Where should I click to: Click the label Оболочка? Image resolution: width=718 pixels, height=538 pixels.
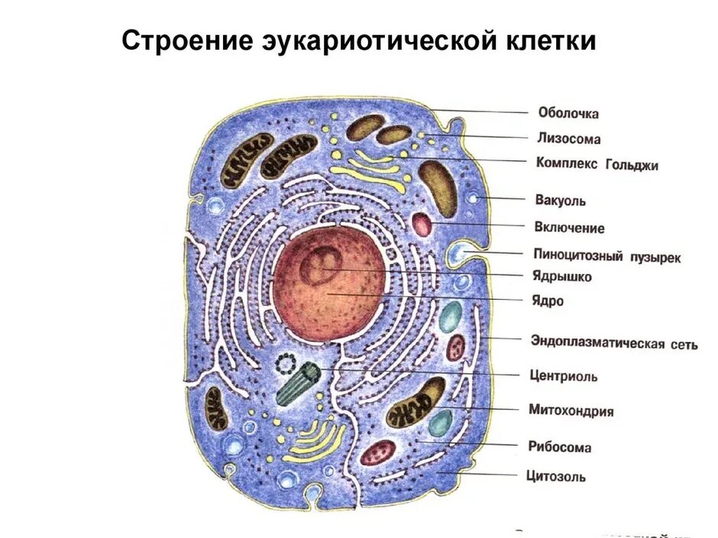[x=568, y=113]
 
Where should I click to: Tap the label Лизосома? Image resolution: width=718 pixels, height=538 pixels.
[x=568, y=139]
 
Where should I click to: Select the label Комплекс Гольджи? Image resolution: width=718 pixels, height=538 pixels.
[x=597, y=163]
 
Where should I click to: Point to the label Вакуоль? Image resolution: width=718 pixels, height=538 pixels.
[x=561, y=201]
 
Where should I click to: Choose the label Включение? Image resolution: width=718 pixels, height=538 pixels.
[x=570, y=227]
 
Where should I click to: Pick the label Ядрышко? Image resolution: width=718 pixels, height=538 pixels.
[x=562, y=276]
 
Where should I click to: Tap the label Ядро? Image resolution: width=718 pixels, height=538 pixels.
[x=548, y=301]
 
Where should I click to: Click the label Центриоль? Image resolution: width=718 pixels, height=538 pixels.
[x=563, y=375]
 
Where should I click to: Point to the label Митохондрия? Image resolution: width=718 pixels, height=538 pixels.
[x=571, y=411]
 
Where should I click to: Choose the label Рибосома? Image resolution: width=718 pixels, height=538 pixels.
[x=559, y=446]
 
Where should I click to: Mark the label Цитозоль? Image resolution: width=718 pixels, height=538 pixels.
[x=556, y=476]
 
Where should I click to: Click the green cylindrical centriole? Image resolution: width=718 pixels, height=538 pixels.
[x=298, y=382]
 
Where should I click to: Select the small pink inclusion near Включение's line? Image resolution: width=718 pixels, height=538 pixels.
[x=422, y=224]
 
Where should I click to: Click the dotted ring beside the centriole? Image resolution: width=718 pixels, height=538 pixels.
[x=286, y=362]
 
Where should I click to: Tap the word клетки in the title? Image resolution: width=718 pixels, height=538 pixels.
[x=555, y=40]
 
